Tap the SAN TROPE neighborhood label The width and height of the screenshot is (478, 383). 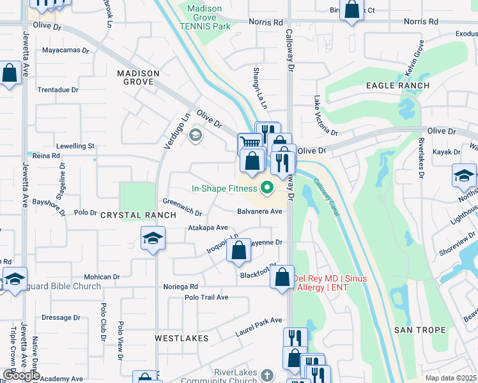click(x=416, y=329)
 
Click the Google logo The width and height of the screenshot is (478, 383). click(x=22, y=375)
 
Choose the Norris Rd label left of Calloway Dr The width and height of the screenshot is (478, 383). click(x=266, y=22)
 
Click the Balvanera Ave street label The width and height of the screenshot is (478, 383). click(x=259, y=211)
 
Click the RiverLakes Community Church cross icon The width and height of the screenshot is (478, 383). click(x=267, y=377)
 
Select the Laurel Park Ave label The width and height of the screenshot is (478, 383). click(x=258, y=320)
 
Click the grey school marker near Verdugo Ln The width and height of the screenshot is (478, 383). click(x=196, y=135)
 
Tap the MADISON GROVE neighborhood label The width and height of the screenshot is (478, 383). click(x=139, y=78)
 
